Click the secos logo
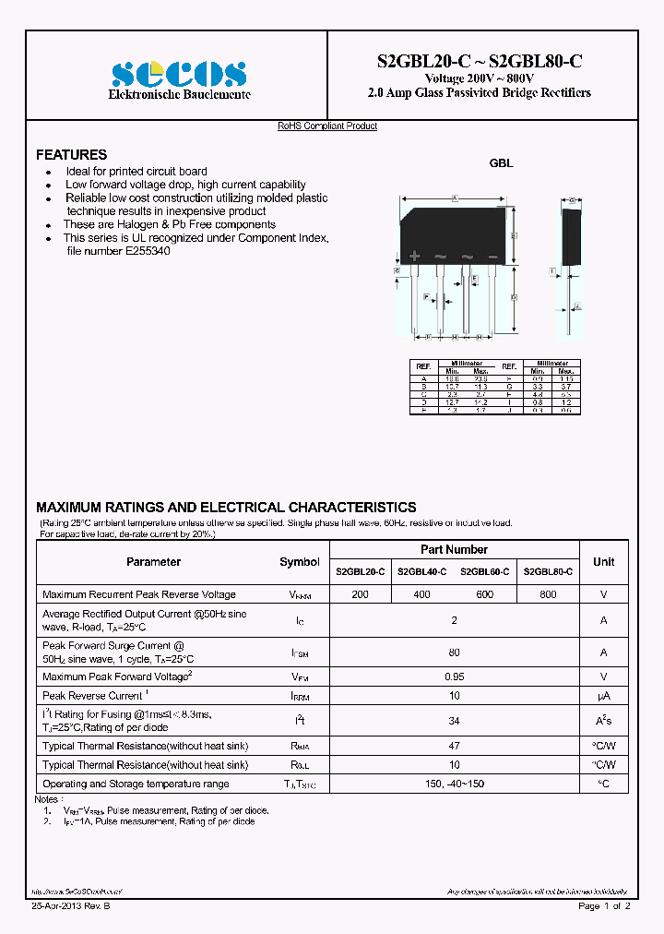[178, 73]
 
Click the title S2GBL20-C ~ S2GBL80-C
[479, 62]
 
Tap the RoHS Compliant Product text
[327, 126]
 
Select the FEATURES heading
[71, 155]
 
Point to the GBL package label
[501, 162]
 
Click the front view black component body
[455, 234]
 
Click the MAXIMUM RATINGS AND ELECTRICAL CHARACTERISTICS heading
[226, 508]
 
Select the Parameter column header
[153, 562]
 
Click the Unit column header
[603, 562]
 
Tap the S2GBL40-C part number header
[421, 572]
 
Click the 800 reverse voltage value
[548, 594]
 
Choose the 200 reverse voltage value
[360, 594]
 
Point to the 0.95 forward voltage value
[454, 677]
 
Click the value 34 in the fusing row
[454, 721]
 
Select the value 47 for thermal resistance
[454, 746]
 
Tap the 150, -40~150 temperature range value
[454, 784]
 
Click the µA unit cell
[603, 696]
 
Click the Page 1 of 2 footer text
[604, 906]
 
